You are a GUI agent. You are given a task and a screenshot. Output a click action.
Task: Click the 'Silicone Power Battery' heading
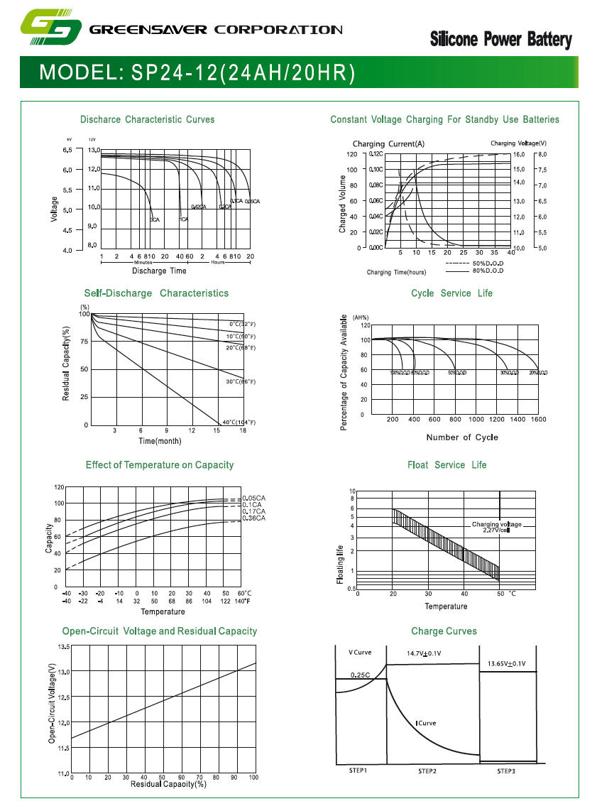[500, 40]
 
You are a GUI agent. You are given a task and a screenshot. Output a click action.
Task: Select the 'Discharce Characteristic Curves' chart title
[147, 119]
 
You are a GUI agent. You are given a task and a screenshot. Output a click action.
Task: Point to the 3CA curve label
[154, 220]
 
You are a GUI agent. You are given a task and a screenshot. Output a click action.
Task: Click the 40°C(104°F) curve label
[239, 423]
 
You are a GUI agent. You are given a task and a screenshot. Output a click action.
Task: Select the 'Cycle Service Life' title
[451, 293]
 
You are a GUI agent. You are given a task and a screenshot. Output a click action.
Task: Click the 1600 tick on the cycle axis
[537, 420]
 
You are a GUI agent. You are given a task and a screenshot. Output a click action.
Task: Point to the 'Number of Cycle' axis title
[462, 437]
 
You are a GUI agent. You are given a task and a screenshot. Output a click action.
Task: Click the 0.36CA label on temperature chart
[253, 518]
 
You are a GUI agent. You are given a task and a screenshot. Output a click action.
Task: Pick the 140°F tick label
[243, 601]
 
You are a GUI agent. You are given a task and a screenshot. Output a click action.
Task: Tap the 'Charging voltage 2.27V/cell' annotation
[496, 527]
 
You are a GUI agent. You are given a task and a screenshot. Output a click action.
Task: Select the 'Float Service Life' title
[447, 465]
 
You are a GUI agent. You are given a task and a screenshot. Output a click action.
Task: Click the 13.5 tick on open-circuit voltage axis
[62, 647]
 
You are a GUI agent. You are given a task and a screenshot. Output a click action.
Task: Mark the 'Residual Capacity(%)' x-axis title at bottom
[168, 784]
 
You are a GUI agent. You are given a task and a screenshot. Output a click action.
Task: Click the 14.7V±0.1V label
[424, 653]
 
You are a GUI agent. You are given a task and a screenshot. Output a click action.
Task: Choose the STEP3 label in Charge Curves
[505, 771]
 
